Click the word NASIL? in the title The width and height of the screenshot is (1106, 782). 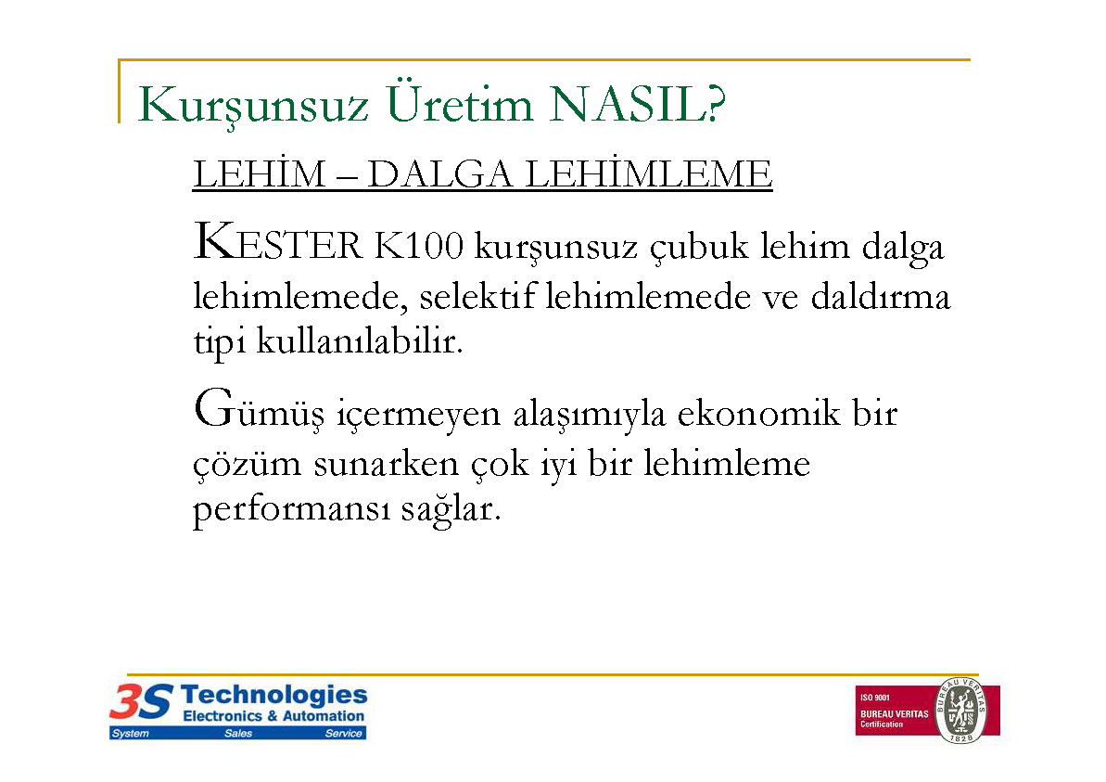pyautogui.click(x=637, y=105)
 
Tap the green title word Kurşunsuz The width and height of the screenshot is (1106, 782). pyautogui.click(x=252, y=107)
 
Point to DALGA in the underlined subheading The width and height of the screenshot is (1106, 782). pyautogui.click(x=439, y=174)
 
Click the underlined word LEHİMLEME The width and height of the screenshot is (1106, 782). pyautogui.click(x=649, y=173)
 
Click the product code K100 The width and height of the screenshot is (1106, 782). pyautogui.click(x=419, y=246)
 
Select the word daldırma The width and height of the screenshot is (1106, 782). pyautogui.click(x=881, y=296)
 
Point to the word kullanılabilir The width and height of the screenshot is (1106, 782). pyautogui.click(x=360, y=340)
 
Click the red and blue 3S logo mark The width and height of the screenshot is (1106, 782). pyautogui.click(x=141, y=701)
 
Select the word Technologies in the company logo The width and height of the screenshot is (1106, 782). pyautogui.click(x=273, y=695)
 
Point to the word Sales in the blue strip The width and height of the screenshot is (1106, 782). pyautogui.click(x=238, y=734)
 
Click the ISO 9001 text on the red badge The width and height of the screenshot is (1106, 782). pyautogui.click(x=874, y=698)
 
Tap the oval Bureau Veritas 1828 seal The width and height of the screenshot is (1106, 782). pyautogui.click(x=960, y=710)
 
